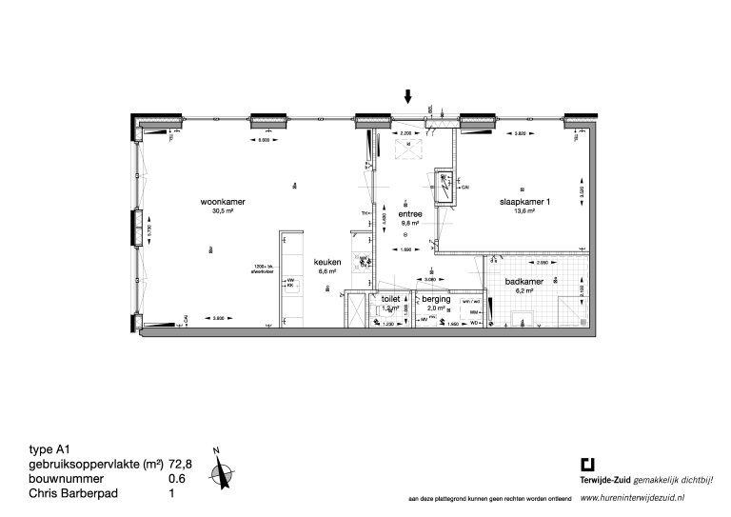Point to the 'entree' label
pyautogui.click(x=410, y=214)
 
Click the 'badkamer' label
pyautogui.click(x=524, y=281)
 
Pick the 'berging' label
pyautogui.click(x=436, y=299)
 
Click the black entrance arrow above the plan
pyautogui.click(x=408, y=96)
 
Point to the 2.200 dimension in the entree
pyautogui.click(x=405, y=132)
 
